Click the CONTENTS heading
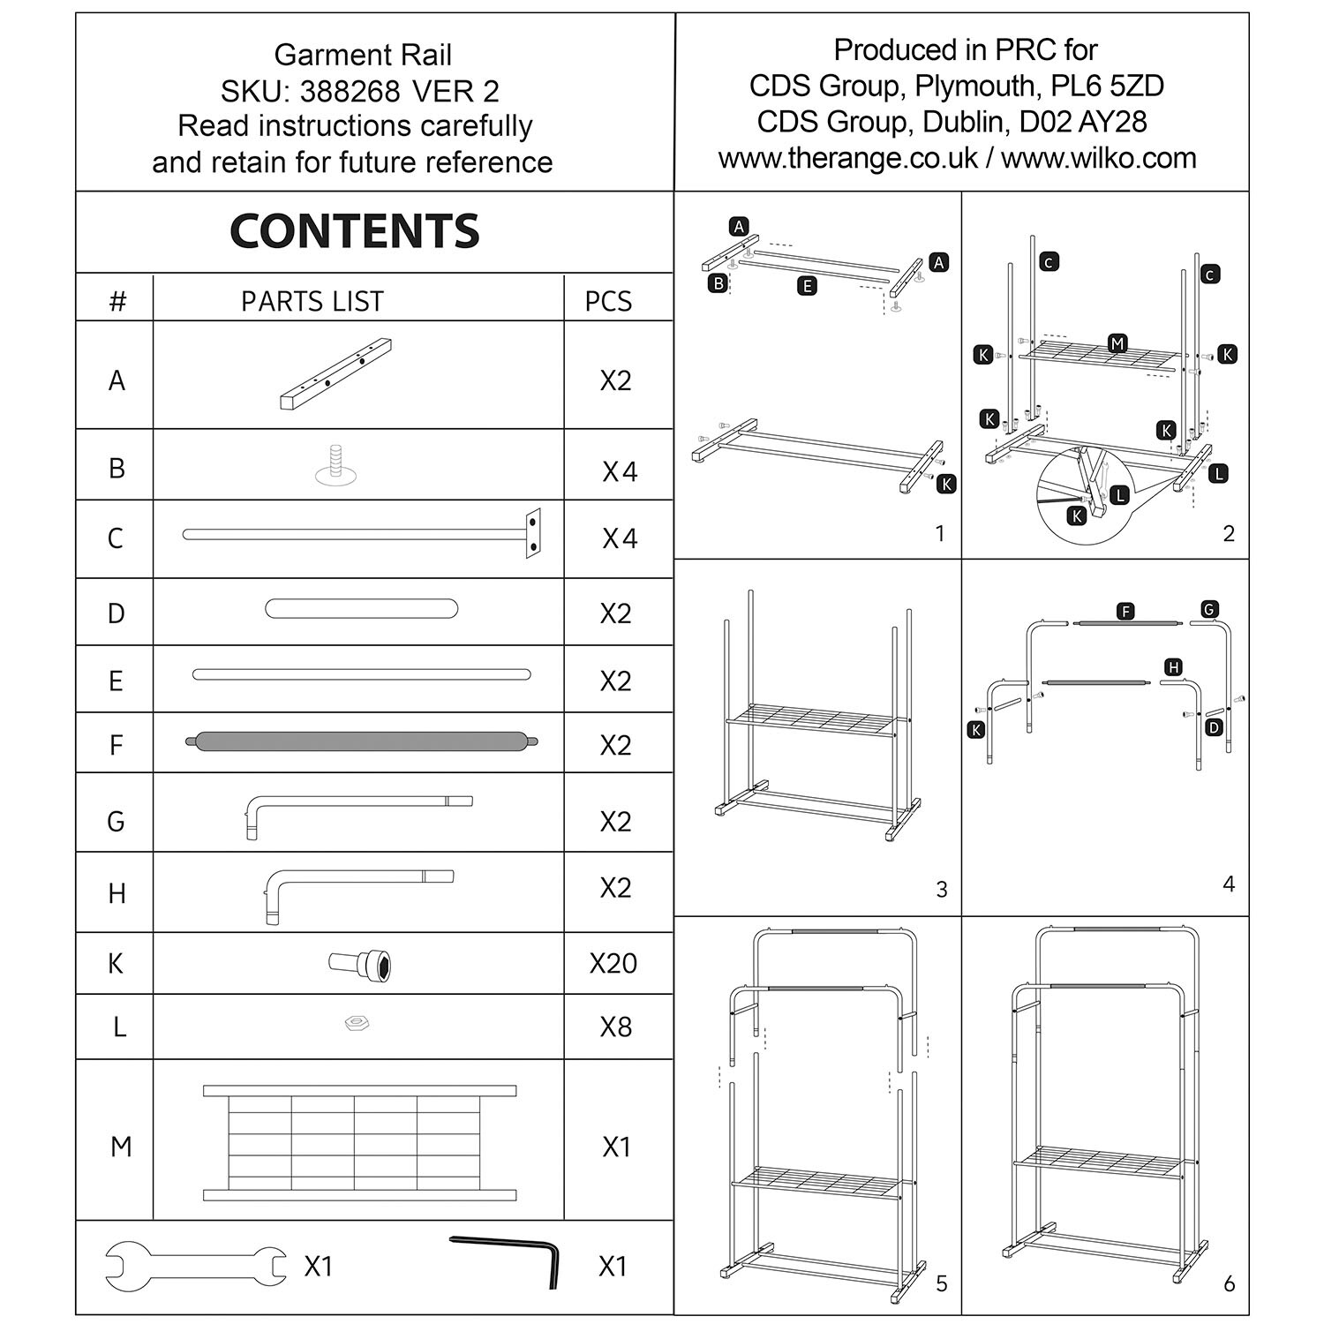click(354, 231)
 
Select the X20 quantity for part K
click(613, 963)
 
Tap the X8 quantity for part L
click(615, 1027)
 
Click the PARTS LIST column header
click(312, 301)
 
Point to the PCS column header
click(608, 301)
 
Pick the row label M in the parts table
click(121, 1147)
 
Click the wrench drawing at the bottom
click(196, 1267)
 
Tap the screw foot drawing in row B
click(335, 466)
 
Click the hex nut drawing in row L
click(356, 1023)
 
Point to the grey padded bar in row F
click(362, 741)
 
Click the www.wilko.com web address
click(1098, 158)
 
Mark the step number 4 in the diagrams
click(1228, 884)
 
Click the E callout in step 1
click(805, 285)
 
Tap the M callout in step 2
click(1117, 343)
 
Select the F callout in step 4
click(1125, 612)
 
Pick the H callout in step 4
click(1173, 667)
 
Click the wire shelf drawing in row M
click(359, 1143)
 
